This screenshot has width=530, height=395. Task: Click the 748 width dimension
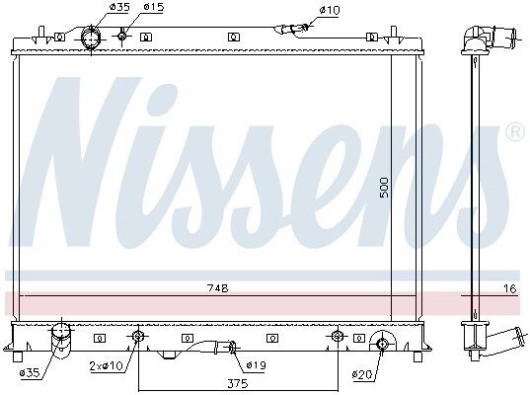point(218,288)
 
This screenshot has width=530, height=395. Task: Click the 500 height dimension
point(385,188)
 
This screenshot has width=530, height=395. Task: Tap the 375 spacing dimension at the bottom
point(238,383)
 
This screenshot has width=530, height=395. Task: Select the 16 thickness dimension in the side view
point(510,288)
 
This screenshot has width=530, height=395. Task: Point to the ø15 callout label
point(154,7)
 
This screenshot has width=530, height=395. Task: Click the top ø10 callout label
point(330,10)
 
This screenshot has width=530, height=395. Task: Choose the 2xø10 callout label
point(107,365)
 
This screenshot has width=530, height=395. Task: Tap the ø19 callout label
point(257,365)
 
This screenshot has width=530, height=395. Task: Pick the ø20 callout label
point(362,374)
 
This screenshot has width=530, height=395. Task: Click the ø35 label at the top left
point(119,7)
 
